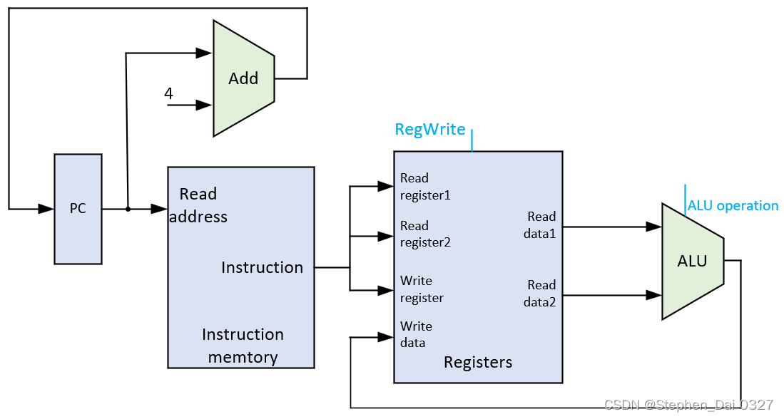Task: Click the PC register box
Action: click(78, 209)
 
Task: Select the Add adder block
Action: click(243, 78)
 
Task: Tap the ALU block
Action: click(693, 262)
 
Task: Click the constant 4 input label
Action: click(168, 93)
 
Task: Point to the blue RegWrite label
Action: click(430, 130)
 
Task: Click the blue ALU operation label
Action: click(733, 206)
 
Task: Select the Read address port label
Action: click(198, 205)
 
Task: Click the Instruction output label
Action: click(262, 267)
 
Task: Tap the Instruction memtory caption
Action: click(243, 346)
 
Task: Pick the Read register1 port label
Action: click(425, 187)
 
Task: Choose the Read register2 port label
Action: click(425, 234)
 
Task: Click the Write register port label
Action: click(422, 289)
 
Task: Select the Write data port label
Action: click(416, 334)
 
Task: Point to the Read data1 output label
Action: click(540, 225)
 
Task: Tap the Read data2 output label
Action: click(540, 294)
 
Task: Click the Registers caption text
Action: click(478, 362)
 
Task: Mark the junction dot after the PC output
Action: click(128, 209)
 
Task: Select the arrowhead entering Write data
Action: click(387, 338)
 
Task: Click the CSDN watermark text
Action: click(689, 405)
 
